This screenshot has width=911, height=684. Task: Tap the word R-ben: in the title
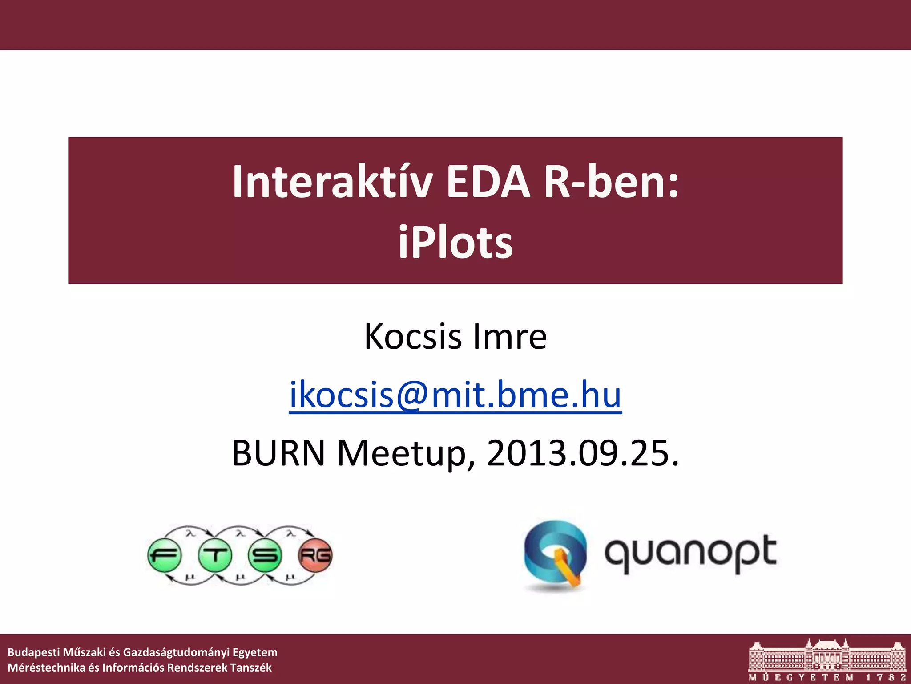tap(611, 182)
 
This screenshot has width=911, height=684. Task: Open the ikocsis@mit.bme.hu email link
tap(455, 395)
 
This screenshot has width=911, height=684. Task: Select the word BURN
tap(278, 453)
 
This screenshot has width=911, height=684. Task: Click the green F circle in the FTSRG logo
tap(165, 555)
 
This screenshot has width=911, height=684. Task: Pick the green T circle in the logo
tap(215, 555)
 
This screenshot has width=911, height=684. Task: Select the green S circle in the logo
tap(265, 555)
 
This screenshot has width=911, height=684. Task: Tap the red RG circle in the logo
tap(315, 555)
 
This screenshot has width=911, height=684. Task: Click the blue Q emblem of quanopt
tap(555, 554)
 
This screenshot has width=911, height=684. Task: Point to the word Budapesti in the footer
tap(33, 652)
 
